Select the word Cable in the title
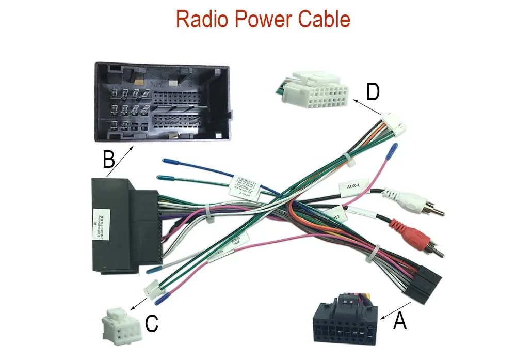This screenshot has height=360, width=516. coord(326,20)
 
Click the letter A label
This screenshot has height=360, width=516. coord(400,321)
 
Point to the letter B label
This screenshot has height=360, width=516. coord(108,160)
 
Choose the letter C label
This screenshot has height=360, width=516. coord(151,324)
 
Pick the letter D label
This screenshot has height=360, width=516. coord(373,92)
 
